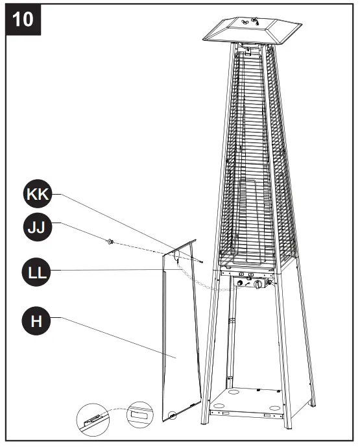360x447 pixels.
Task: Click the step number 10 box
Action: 23,19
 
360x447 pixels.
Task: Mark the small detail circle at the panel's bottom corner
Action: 171,415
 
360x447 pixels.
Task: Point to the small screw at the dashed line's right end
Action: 203,263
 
